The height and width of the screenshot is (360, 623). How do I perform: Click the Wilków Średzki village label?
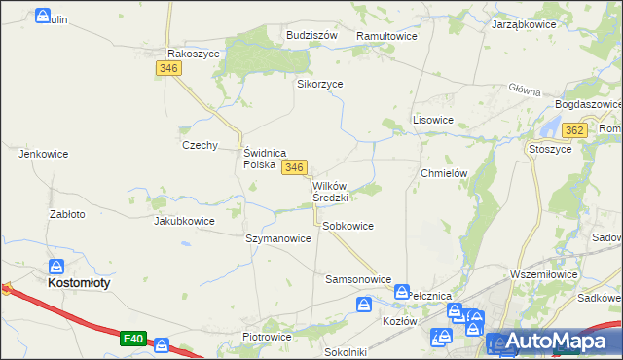click(331, 191)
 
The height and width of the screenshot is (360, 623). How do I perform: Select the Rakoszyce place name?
click(194, 54)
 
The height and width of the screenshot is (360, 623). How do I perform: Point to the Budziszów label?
click(311, 34)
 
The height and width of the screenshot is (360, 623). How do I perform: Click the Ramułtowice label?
click(386, 35)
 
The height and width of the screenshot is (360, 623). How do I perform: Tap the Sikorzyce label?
click(319, 84)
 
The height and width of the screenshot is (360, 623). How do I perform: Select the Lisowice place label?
click(433, 120)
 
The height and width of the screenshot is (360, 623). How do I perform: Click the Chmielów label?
click(445, 173)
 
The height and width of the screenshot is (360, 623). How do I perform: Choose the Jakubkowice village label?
click(184, 221)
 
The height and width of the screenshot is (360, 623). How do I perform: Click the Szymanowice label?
click(278, 238)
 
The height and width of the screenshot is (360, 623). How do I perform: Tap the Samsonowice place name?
click(357, 279)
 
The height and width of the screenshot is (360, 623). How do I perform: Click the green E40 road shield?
click(133, 339)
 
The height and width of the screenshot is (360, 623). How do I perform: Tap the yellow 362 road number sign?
click(574, 130)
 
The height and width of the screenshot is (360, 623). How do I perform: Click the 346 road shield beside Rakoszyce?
click(168, 68)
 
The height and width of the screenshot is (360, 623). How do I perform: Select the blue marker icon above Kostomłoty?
click(57, 265)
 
